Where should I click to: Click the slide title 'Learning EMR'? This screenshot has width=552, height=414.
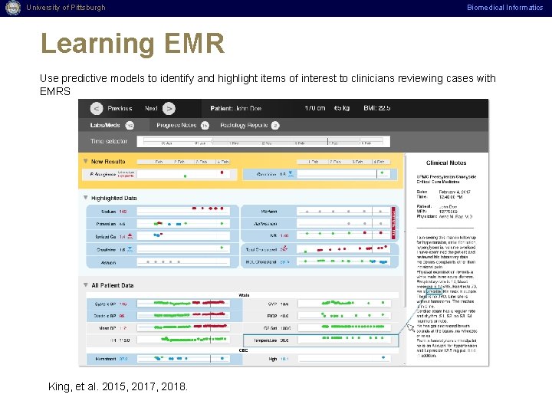pos(132,44)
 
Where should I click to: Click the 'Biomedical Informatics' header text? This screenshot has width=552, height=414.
pos(505,8)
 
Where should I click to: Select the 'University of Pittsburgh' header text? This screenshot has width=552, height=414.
pos(65,8)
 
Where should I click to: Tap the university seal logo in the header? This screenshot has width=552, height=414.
pos(11,8)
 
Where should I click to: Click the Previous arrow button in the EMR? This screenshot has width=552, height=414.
pos(97,108)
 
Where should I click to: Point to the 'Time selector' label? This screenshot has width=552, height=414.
pos(108,142)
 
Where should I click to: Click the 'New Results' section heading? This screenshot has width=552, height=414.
pos(108,162)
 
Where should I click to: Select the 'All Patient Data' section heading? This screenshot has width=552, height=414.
pos(112,285)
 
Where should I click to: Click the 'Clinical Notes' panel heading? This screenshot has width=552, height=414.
pos(446,163)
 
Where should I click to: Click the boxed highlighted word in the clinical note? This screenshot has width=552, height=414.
pos(432,291)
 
